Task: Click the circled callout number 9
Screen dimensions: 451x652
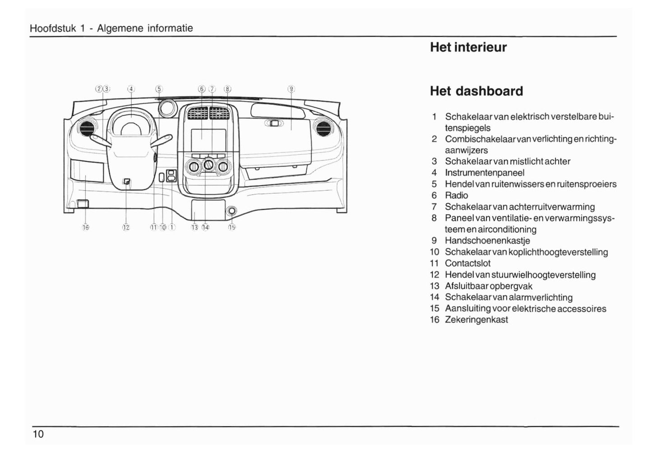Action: [291, 89]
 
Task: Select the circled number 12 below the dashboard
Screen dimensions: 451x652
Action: [126, 227]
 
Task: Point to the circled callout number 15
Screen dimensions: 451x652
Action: [232, 227]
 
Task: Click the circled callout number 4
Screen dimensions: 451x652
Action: [131, 89]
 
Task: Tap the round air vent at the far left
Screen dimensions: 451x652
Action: [87, 128]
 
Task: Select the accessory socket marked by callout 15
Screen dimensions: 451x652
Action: [232, 211]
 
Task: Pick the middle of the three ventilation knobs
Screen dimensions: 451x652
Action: [208, 165]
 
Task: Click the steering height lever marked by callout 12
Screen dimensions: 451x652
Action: [127, 182]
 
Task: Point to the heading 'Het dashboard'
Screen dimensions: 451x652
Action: [476, 91]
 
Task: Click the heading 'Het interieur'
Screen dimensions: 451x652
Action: [468, 47]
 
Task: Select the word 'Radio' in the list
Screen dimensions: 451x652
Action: [456, 195]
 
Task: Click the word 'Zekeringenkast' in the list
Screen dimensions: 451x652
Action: [476, 319]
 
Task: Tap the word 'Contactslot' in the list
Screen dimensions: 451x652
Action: [467, 263]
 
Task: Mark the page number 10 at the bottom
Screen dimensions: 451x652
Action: [38, 434]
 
